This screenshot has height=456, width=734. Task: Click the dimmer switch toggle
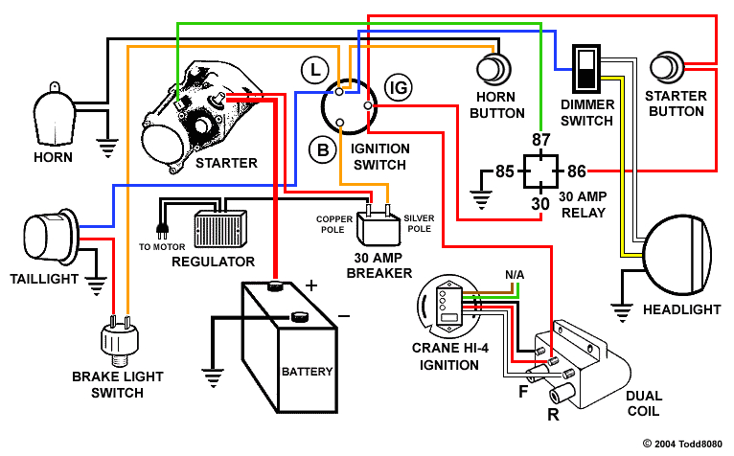click(x=584, y=68)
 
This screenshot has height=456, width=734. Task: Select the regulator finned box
click(x=220, y=230)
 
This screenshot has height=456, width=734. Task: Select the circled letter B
click(x=320, y=148)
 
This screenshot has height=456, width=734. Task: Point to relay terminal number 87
click(x=541, y=140)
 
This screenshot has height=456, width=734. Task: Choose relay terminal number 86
click(x=577, y=172)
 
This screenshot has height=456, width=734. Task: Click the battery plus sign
click(x=310, y=285)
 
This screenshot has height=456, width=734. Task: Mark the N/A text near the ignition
click(x=515, y=275)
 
